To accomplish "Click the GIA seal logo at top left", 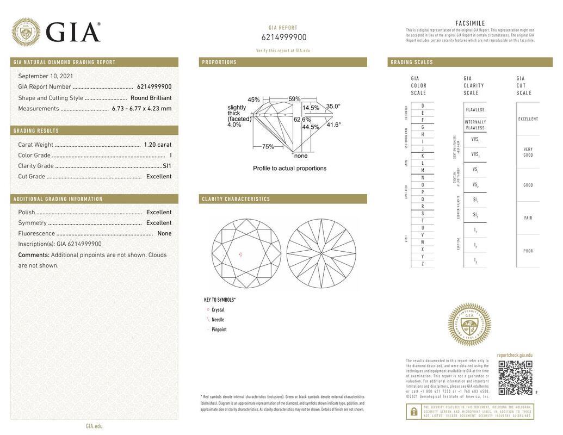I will [x=26, y=32].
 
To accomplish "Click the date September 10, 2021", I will [x=46, y=76].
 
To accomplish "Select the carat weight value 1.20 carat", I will [x=157, y=145].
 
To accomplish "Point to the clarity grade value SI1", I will [x=166, y=166].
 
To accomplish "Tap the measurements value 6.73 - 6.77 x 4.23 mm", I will [x=141, y=108].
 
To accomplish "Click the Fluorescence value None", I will [x=164, y=233].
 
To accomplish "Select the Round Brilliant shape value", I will [x=151, y=98].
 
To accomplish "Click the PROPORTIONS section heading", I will [x=219, y=62].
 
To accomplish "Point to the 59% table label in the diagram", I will [x=294, y=99].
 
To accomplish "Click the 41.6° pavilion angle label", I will [x=333, y=125].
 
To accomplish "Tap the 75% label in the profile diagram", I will [x=268, y=147].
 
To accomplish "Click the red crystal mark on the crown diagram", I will [x=241, y=254].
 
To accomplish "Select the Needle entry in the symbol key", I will [x=218, y=320].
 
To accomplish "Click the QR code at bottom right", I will [x=515, y=377].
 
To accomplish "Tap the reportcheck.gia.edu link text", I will [x=515, y=355].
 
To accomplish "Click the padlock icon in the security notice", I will [x=413, y=412].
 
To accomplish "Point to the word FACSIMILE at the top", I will [x=470, y=23].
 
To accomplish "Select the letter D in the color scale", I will [x=423, y=105].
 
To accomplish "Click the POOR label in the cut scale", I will [x=528, y=251].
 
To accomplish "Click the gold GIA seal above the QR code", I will [x=469, y=324].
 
